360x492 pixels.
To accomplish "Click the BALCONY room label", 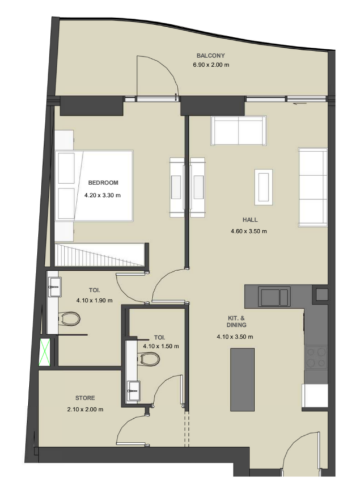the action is tap(210, 56).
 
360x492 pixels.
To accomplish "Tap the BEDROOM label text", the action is tap(103, 183).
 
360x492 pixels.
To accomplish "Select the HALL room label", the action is tap(250, 220).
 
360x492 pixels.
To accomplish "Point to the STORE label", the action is tap(85, 398).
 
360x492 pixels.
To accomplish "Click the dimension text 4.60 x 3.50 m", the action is tap(249, 232).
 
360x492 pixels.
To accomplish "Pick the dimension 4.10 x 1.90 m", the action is tap(94, 300).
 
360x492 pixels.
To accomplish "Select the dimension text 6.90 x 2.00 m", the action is tap(211, 65).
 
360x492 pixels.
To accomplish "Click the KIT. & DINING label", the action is tap(236, 321).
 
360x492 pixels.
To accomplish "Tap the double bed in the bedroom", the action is tap(94, 186).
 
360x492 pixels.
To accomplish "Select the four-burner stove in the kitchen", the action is tap(316, 358).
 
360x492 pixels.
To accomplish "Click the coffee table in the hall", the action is tap(264, 187).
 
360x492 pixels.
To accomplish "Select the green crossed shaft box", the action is tap(45, 352).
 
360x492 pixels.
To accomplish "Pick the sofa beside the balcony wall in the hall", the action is tap(239, 131).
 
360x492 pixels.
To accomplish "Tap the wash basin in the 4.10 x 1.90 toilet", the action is tap(54, 287).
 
